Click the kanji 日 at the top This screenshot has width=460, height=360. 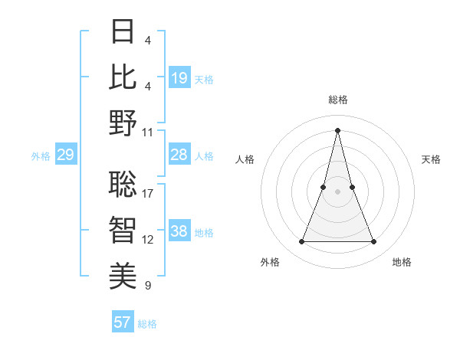click(x=123, y=32)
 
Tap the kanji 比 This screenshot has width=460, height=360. click(x=123, y=77)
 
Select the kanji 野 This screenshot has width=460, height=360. click(x=123, y=123)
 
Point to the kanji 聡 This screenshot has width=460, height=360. click(x=123, y=184)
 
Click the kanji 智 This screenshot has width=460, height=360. click(x=123, y=229)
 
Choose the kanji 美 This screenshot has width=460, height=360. click(x=123, y=275)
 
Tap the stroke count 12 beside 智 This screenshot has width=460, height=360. click(x=148, y=240)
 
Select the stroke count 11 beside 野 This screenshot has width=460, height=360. click(x=148, y=132)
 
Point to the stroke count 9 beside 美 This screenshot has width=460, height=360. click(x=147, y=286)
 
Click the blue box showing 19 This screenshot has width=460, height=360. click(x=179, y=78)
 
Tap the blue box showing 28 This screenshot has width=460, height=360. click(x=179, y=155)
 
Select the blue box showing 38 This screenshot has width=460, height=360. click(x=179, y=231)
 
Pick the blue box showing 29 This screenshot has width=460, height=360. click(x=65, y=155)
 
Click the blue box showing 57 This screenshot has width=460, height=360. click(x=123, y=322)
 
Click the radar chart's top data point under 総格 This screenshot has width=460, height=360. click(x=337, y=129)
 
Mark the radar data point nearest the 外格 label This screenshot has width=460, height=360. click(x=301, y=242)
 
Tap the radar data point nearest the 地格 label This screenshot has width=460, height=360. click(x=374, y=242)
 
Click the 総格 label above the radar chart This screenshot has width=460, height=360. click(x=338, y=100)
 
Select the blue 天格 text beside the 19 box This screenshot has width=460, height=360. click(x=204, y=79)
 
